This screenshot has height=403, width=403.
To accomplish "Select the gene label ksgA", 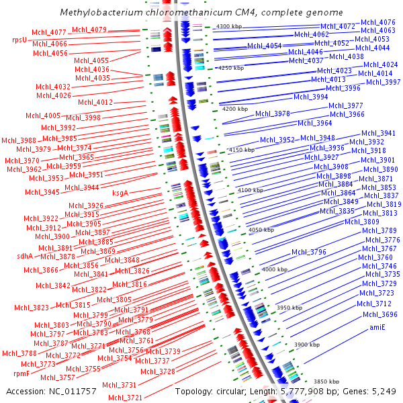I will click(120, 193).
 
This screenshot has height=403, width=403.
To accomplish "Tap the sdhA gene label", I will click(25, 255).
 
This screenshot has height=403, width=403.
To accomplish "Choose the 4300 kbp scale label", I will click(229, 26).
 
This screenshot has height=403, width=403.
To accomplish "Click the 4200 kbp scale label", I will click(234, 108).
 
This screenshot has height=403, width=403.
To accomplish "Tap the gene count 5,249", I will click(386, 391).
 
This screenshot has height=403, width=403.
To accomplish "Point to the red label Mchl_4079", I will click(89, 30).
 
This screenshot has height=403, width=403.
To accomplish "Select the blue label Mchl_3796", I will click(309, 252).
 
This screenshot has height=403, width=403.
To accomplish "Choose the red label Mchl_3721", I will click(126, 397).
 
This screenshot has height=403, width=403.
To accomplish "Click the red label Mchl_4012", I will click(95, 102).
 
